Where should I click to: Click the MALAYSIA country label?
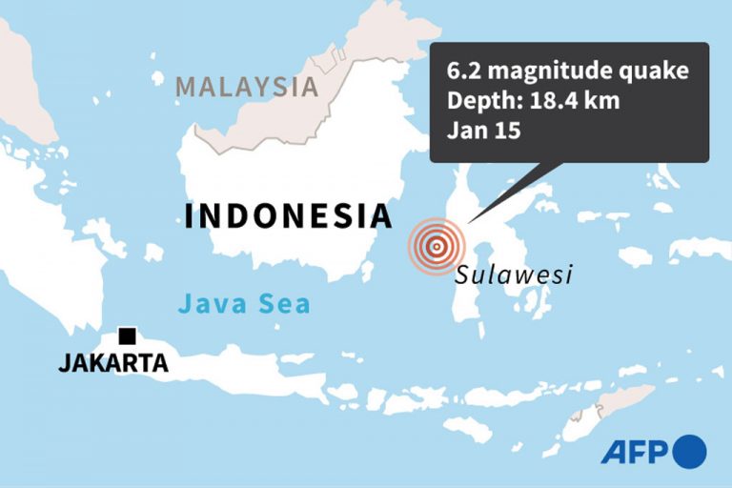tap(247, 87)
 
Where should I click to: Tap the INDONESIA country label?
tap(288, 216)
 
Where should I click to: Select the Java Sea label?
tap(244, 305)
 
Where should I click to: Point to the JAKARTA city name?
tap(113, 363)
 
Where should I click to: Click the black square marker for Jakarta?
tap(126, 335)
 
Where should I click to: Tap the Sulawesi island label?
tap(513, 275)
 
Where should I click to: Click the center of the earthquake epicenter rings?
tap(436, 247)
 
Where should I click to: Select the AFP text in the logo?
tap(635, 451)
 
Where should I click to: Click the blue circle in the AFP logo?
tap(689, 451)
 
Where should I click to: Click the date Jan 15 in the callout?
tap(484, 132)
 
